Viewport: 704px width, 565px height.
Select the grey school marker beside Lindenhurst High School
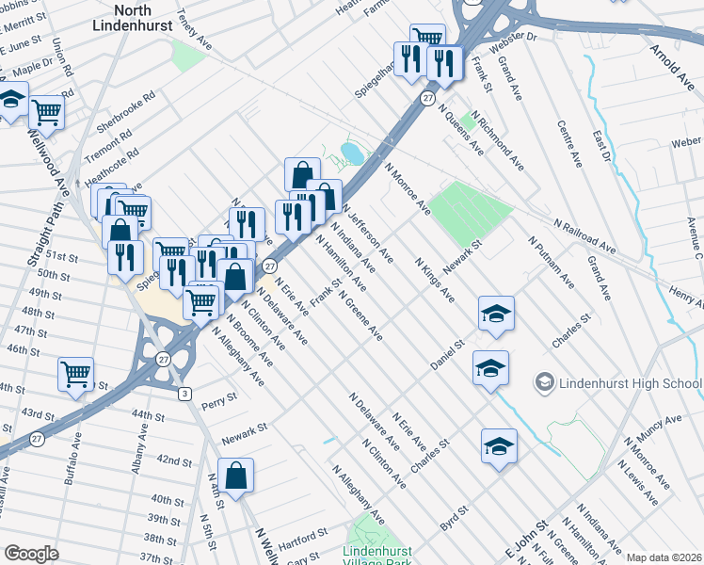[544, 382]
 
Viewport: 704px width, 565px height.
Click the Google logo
[31, 554]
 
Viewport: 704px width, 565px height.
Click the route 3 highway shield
[185, 393]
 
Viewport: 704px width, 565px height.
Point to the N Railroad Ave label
[584, 237]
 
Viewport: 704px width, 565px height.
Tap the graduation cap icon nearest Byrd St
[499, 445]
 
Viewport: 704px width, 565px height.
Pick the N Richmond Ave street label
[498, 142]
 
